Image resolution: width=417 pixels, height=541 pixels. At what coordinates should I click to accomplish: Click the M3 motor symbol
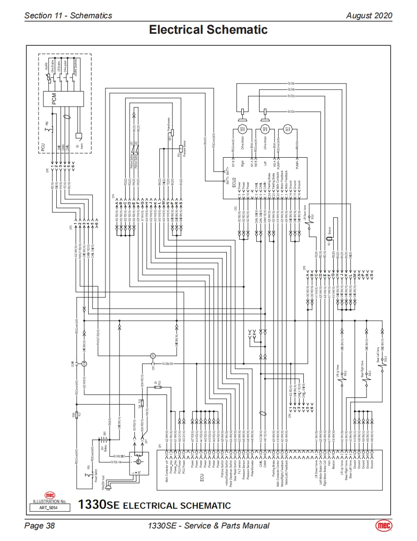point(242,129)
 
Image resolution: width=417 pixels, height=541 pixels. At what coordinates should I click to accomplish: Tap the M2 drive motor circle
point(264,129)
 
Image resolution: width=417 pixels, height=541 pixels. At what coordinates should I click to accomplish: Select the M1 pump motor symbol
point(288,129)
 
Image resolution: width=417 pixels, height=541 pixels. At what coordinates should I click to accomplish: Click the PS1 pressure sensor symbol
point(181,149)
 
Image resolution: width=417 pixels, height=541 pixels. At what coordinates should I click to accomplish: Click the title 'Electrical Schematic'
point(208,30)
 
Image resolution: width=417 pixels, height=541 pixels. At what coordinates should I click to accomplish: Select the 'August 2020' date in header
point(369,15)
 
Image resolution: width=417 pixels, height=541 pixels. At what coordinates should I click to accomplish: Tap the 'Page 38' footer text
point(39,526)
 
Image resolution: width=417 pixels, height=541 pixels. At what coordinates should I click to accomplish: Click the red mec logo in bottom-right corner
point(383,526)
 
